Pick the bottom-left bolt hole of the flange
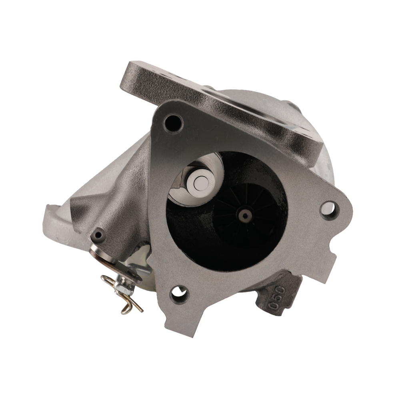(x=177, y=296)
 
